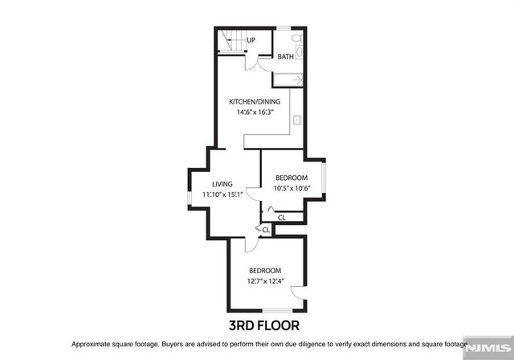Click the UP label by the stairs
point(251,40)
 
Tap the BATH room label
point(286,57)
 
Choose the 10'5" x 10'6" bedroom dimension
point(291,189)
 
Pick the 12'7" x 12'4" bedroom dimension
point(266,281)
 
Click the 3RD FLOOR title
point(266,325)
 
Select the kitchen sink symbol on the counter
point(296,120)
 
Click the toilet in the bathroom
point(296,38)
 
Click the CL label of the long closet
point(281,217)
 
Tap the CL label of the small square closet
point(266,229)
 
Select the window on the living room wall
point(190,194)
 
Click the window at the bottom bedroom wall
point(278,311)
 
